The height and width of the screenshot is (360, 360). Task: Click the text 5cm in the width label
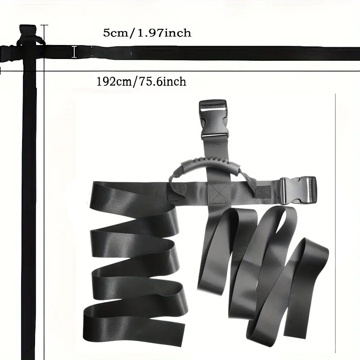click(x=115, y=33)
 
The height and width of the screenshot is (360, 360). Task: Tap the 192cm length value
click(x=114, y=82)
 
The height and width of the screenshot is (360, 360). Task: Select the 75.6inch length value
click(x=162, y=82)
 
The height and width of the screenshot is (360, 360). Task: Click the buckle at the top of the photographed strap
click(x=213, y=119)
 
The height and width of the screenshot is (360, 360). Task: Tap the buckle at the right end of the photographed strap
click(x=298, y=190)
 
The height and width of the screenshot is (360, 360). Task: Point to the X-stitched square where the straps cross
click(x=219, y=193)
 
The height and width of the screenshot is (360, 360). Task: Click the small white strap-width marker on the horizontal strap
click(x=74, y=52)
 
